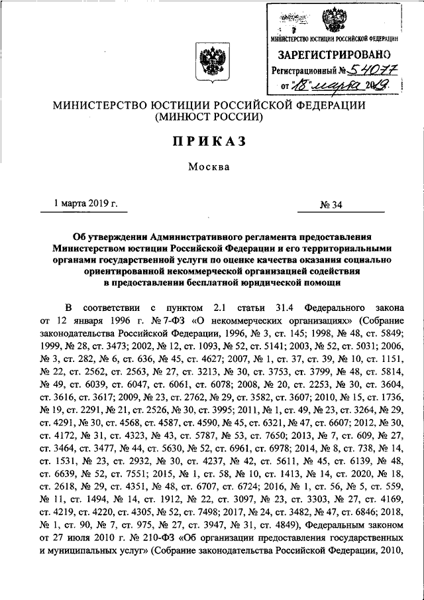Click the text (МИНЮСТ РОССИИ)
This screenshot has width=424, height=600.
(211, 117)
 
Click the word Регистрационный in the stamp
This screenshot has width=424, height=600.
(305, 69)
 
